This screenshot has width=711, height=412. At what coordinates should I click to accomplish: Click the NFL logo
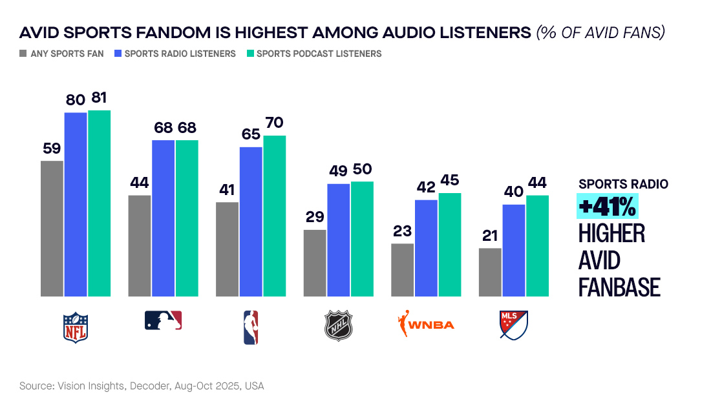75,327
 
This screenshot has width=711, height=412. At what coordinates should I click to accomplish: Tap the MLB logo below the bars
163,320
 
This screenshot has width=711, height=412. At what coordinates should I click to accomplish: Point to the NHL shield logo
339,325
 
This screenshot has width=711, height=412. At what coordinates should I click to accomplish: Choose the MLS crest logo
514,325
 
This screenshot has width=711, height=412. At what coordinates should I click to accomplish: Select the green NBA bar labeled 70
275,216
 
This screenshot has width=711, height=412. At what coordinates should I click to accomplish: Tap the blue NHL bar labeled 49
339,240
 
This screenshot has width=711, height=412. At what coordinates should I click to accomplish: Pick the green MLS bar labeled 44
537,245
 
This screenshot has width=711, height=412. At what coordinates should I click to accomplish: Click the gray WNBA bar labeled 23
403,270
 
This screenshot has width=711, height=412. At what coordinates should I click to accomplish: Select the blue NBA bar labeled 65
251,221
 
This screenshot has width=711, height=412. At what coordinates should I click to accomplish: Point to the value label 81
99,98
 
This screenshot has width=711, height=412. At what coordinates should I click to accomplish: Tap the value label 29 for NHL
315,217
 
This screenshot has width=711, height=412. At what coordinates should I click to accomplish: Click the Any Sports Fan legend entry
61,54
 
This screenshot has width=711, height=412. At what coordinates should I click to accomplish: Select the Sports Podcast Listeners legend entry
313,54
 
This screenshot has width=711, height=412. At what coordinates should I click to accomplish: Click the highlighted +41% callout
607,207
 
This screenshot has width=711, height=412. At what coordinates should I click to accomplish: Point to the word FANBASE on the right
619,287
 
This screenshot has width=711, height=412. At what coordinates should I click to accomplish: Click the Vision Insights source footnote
142,386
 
